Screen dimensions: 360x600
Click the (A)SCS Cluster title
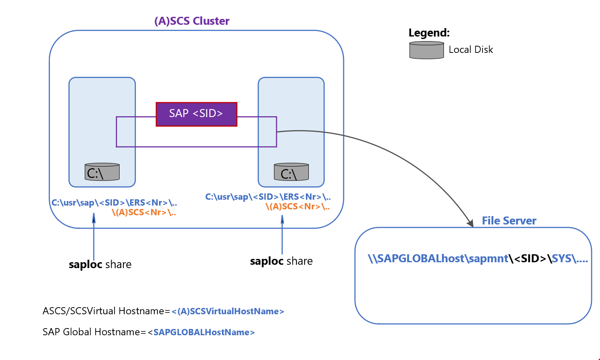192,21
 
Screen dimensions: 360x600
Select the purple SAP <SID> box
196,114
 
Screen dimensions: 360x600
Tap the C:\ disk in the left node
102,172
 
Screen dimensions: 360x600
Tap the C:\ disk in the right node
291,172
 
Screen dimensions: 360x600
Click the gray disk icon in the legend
426,50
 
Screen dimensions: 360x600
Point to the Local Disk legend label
471,50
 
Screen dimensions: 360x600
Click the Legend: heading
429,33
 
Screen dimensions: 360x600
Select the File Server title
509,221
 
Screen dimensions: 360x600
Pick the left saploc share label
100,264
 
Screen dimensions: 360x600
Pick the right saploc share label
281,261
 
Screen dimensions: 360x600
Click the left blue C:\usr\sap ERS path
114,203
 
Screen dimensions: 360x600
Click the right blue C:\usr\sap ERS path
268,197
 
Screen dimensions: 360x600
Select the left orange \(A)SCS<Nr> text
143,212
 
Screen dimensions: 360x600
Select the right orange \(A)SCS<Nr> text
297,206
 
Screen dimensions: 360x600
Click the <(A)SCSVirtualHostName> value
228,311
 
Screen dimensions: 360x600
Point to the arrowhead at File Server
470,223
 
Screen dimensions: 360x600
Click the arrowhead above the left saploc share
94,217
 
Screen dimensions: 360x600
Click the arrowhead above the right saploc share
282,219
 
